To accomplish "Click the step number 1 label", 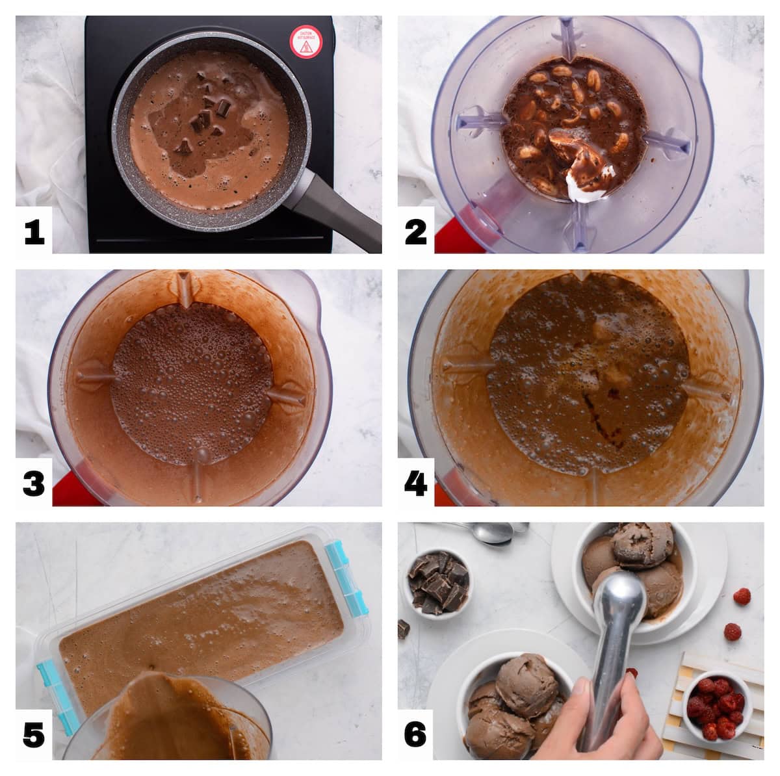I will (34, 232).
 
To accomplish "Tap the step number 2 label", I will (416, 232).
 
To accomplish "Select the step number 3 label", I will (34, 484).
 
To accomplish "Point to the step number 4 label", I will (416, 484).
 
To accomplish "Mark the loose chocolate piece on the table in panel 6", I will (403, 628).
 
